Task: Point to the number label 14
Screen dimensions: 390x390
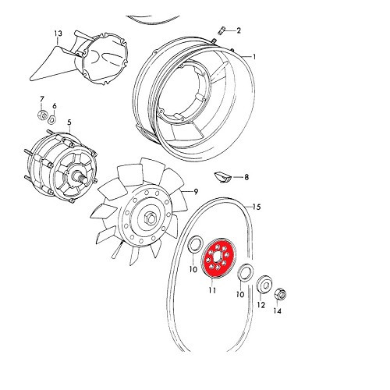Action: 277,311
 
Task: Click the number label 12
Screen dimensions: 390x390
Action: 261,305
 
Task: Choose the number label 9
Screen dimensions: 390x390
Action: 196,192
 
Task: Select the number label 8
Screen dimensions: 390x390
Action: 246,178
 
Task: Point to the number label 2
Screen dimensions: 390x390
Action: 238,31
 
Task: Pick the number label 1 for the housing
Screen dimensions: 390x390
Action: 253,56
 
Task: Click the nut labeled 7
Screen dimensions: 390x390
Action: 41,118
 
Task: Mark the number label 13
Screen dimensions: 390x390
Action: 57,34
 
